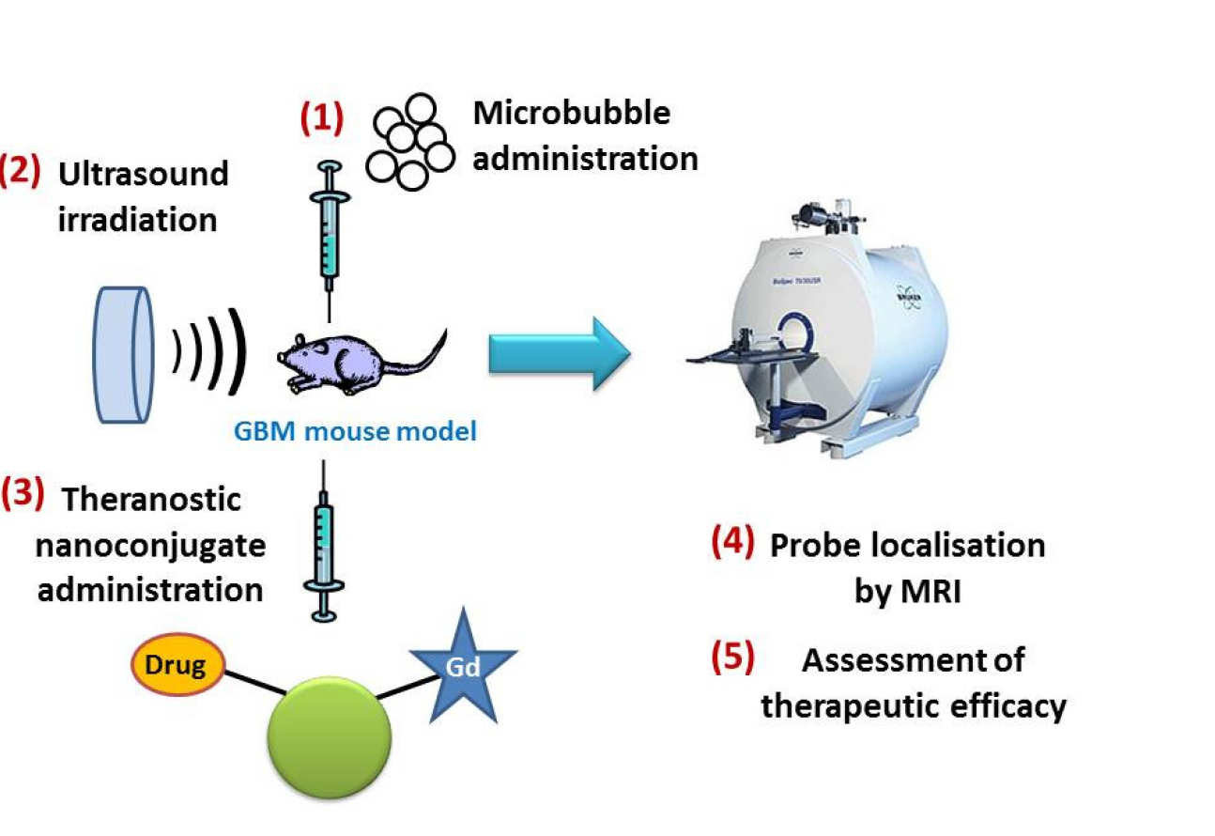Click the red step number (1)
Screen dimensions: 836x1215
point(321,118)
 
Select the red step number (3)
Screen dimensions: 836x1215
point(22,495)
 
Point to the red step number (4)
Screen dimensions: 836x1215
point(731,544)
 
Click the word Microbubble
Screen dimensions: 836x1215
point(572,114)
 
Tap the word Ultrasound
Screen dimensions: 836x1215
point(144,174)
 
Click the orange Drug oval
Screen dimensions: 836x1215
point(177,665)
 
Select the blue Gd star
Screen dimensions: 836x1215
point(464,665)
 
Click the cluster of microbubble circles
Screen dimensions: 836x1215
point(409,143)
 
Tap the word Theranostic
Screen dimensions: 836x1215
point(151,500)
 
